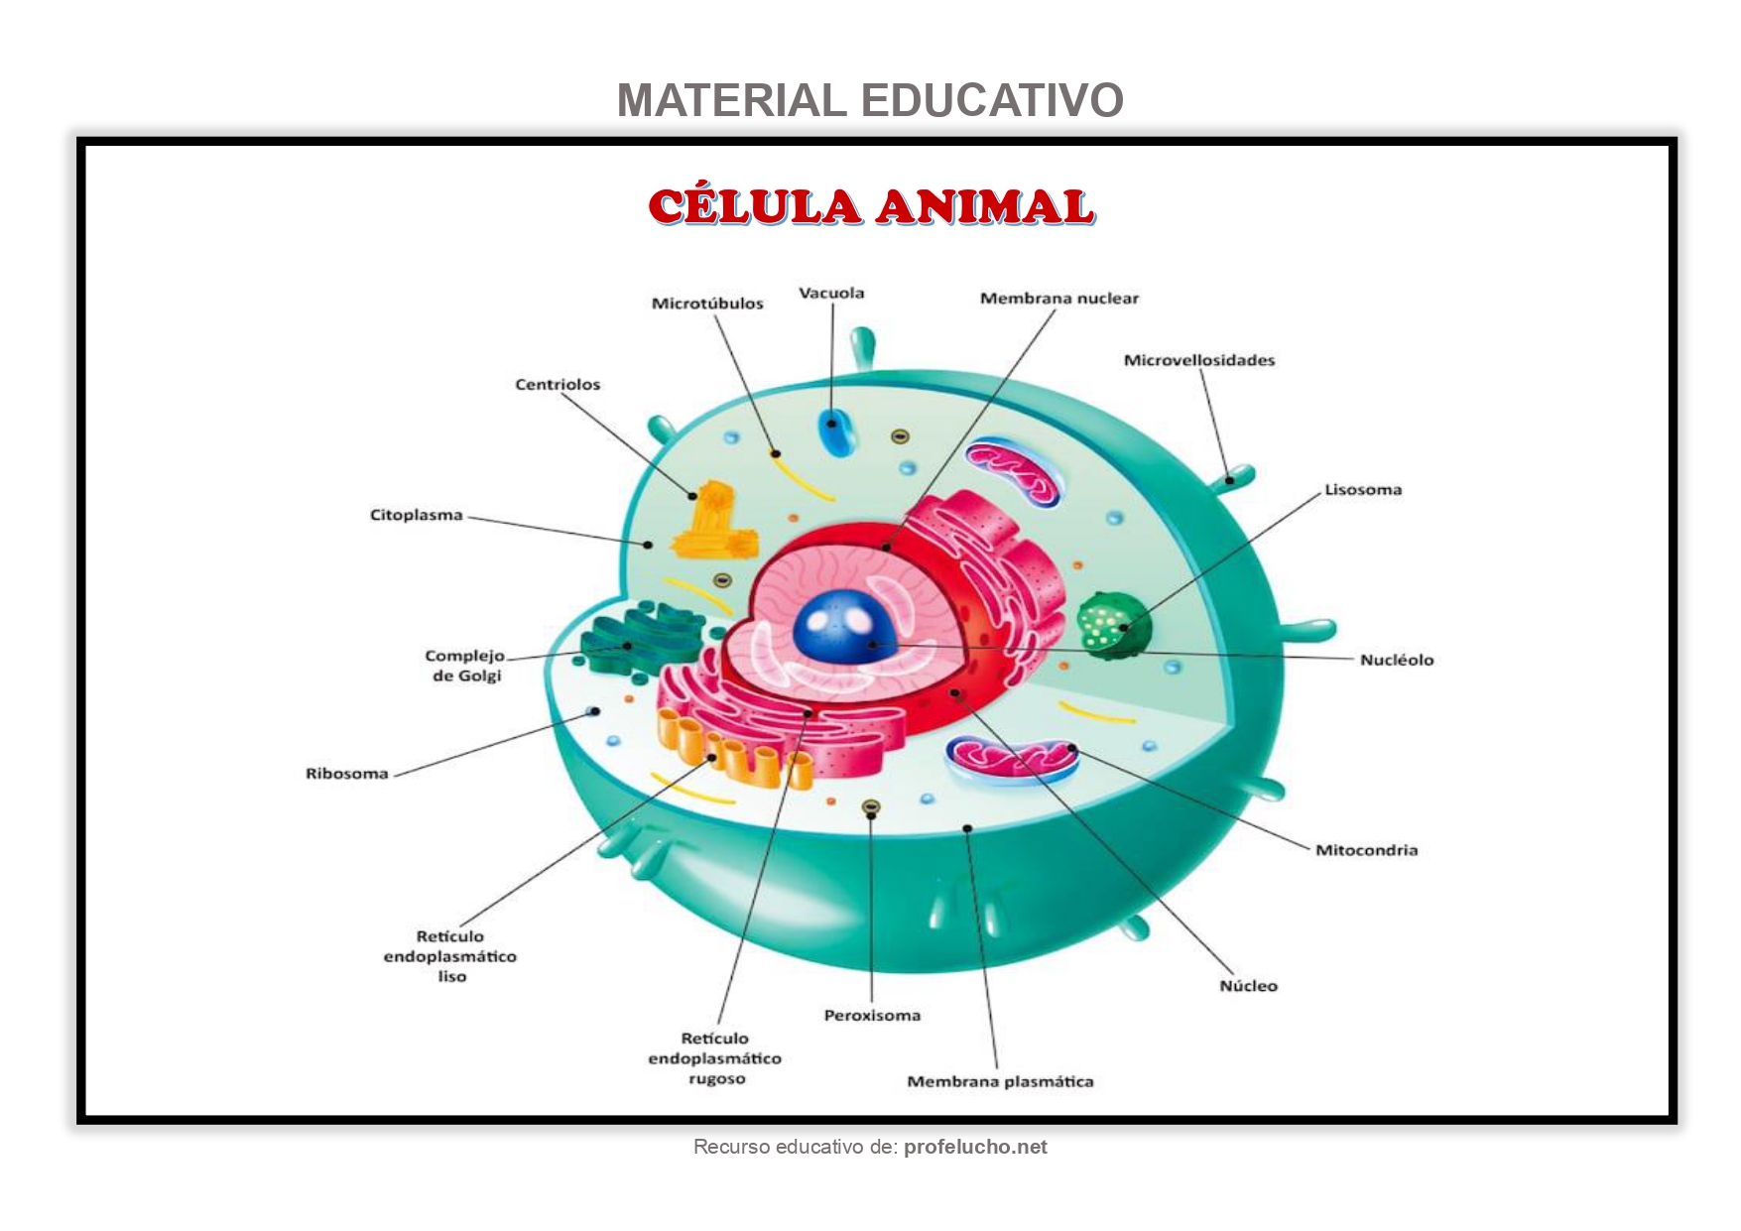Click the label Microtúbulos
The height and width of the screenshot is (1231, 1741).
[x=707, y=304]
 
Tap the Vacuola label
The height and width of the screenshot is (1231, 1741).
[x=831, y=294]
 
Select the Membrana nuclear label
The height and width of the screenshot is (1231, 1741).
[x=1059, y=299]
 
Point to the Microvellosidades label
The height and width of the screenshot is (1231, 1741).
[x=1199, y=360]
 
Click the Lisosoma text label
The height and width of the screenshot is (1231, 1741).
[x=1363, y=490]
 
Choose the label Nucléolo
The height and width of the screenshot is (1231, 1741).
[x=1397, y=660]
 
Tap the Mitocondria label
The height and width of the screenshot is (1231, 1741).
[x=1366, y=850]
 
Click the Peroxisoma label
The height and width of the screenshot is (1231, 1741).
[x=872, y=1016]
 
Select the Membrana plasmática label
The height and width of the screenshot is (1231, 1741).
[x=1000, y=1082]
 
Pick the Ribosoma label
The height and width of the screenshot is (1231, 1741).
[x=347, y=774]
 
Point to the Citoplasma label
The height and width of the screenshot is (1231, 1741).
[x=417, y=515]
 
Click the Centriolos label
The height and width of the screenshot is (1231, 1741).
[x=558, y=385]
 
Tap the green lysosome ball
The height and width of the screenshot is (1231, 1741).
[x=1113, y=625]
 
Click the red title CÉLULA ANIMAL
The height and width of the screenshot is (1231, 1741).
[x=871, y=206]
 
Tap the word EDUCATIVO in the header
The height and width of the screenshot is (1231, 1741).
[x=992, y=100]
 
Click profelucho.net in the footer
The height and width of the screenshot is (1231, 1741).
[x=975, y=1148]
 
